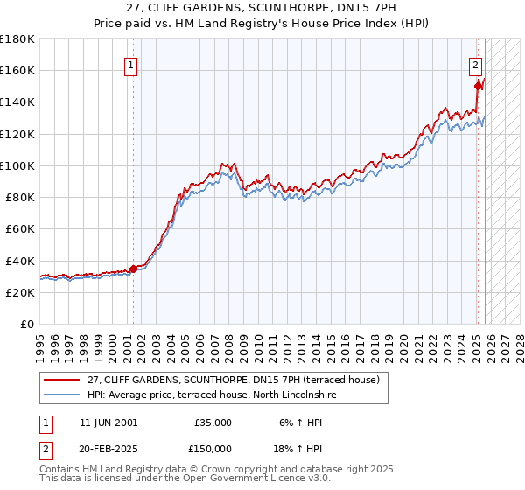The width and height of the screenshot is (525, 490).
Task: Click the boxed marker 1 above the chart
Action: pos(130,64)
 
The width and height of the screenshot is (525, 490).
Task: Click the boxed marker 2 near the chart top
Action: pos(475,64)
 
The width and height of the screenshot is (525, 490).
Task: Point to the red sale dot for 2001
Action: pos(133,269)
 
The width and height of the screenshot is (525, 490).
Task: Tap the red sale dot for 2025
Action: pos(478,86)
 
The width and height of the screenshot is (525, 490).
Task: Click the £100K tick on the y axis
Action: pos(17,165)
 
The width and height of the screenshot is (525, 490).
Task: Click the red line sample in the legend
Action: pos(62,381)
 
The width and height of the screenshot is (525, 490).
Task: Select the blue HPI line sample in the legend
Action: pos(62,395)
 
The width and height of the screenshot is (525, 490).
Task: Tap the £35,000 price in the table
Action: pos(213,423)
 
